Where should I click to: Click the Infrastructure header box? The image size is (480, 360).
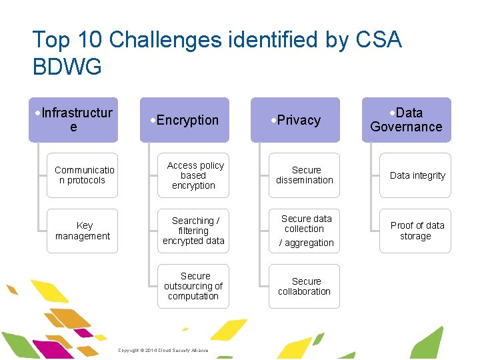pos(73,120)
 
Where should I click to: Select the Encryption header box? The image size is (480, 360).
pos(184,120)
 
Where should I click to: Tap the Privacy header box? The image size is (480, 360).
pos(295,120)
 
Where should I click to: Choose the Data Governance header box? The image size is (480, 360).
pos(406,120)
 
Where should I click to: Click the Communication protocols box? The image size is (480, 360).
pos(82,175)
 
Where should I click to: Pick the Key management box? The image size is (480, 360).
pos(82,231)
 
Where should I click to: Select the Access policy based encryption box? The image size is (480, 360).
pos(193,175)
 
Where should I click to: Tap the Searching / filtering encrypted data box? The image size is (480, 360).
pos(193,231)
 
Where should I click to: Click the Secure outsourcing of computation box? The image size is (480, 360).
pos(193,286)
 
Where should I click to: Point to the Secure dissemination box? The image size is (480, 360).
pos(304,175)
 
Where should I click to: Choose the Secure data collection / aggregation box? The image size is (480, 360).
pos(304,231)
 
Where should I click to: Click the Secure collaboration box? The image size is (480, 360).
pos(304,286)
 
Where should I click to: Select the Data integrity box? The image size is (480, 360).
pos(415,175)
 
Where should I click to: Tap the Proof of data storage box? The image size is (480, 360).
pos(415,231)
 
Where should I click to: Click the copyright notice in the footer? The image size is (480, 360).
pos(163,351)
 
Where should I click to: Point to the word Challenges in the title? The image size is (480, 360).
pos(167,40)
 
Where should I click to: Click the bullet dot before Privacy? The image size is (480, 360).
pos(273,121)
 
